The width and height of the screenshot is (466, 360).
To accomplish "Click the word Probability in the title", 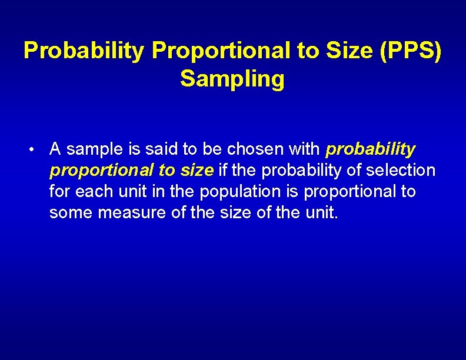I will coord(84,51).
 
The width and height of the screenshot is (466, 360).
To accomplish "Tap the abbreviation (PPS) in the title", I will coord(410,51).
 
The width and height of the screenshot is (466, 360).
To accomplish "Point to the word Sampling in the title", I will coord(232,79).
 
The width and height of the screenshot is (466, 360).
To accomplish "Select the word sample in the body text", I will coord(92,149).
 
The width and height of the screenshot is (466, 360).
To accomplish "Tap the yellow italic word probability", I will coord(371,149).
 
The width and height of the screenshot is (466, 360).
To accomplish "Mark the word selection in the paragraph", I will coord(401,171).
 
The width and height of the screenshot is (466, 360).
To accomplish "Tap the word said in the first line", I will coord(161,149).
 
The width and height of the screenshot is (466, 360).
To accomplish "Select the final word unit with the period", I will coord(322,212).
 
